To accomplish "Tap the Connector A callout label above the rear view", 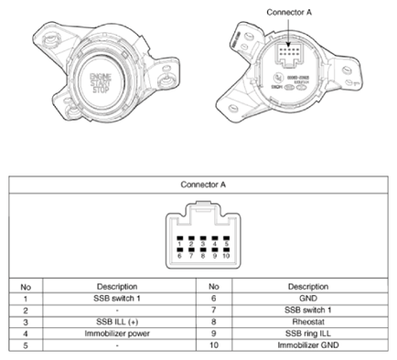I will (x=288, y=13).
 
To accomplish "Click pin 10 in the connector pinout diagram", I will (x=225, y=252).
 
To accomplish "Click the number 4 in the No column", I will (x=25, y=334).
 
